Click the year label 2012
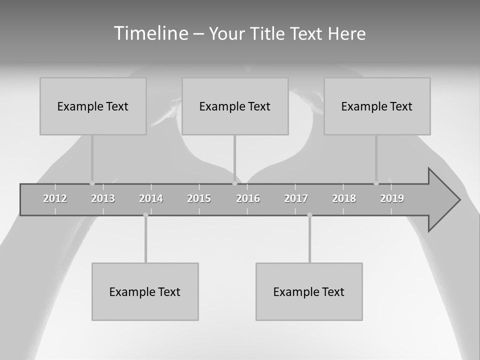(55, 198)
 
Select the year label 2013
(103, 198)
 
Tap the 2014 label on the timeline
(151, 198)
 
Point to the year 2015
(199, 198)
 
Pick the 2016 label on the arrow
(248, 198)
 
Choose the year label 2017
(296, 198)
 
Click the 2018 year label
(344, 198)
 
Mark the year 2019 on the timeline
(392, 198)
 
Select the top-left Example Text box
(93, 106)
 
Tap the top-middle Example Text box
(235, 106)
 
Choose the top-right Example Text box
(377, 106)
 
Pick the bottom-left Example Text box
(145, 291)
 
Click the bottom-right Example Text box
(309, 291)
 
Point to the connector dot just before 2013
(92, 183)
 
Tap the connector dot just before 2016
(234, 183)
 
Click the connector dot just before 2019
(376, 183)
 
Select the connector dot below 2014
(145, 215)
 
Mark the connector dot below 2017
(309, 215)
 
